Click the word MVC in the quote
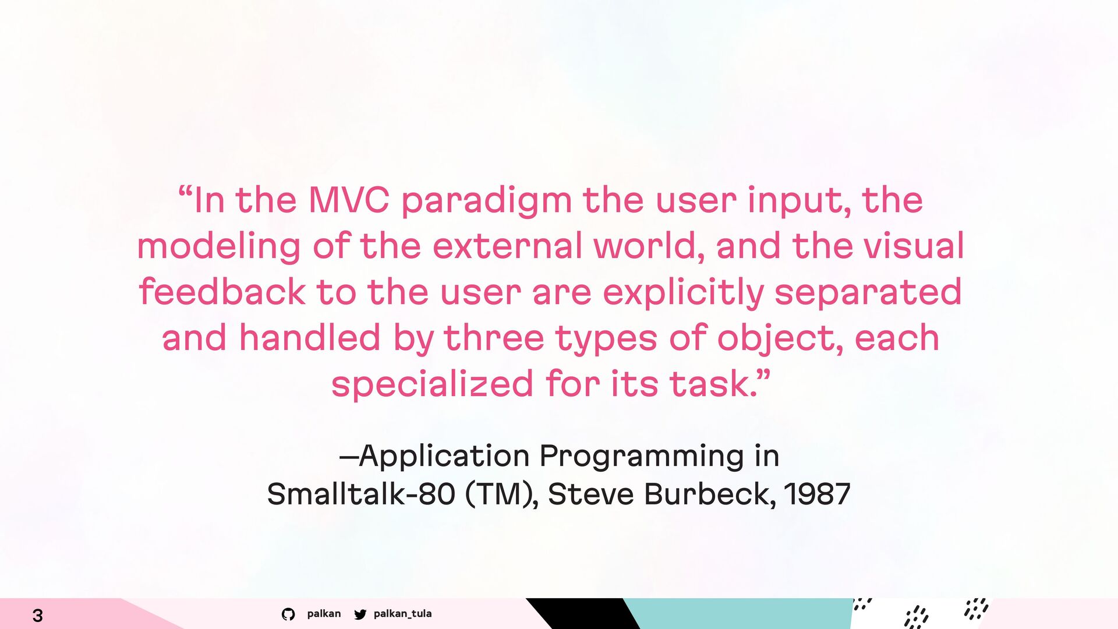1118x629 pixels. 348,200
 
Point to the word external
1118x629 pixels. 507,245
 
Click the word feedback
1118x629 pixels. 222,291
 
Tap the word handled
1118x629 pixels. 309,337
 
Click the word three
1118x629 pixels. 494,337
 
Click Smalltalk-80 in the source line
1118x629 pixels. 361,493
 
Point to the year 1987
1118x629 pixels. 818,493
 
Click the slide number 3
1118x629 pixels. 38,615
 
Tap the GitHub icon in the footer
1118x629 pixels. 288,614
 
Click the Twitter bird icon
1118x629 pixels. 360,614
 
